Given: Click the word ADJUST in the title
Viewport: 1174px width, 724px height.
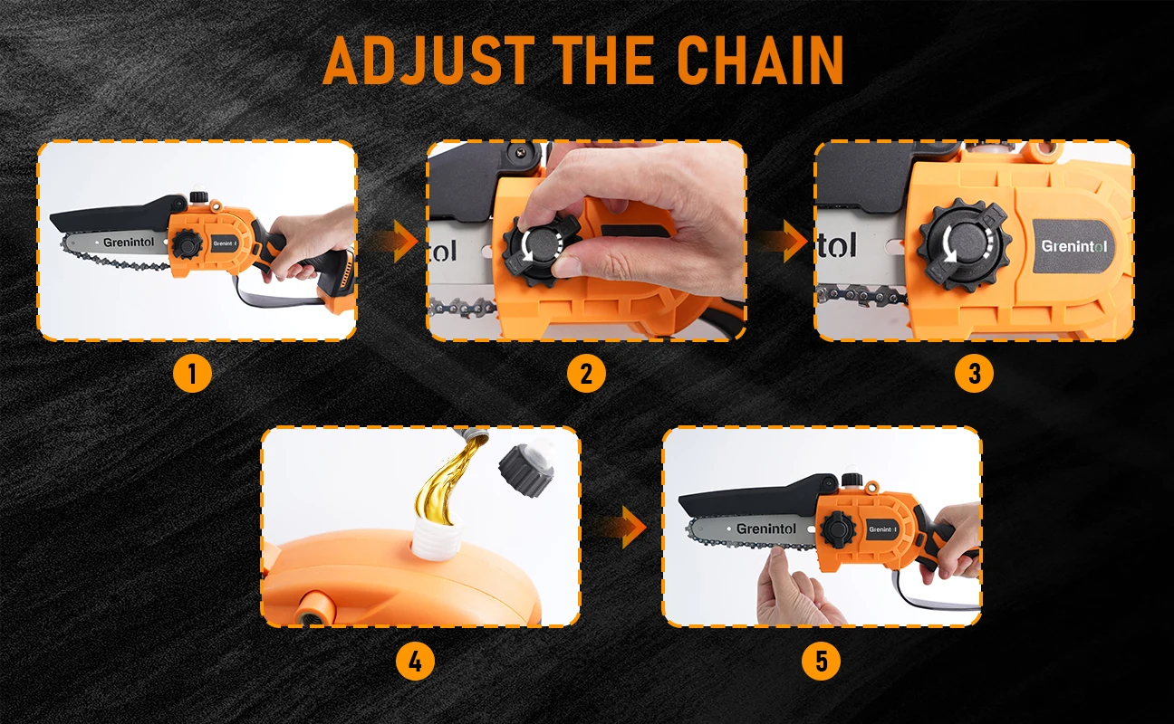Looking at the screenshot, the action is pyautogui.click(x=428, y=61).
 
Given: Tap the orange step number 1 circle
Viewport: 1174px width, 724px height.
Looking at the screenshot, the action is pyautogui.click(x=192, y=374).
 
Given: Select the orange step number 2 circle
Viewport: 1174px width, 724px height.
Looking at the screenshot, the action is pyautogui.click(x=586, y=374).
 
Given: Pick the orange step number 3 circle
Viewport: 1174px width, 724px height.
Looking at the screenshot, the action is pyautogui.click(x=974, y=374).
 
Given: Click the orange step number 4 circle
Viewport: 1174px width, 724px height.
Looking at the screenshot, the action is pyautogui.click(x=415, y=661).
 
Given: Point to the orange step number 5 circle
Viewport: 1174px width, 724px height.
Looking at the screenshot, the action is pyautogui.click(x=821, y=661).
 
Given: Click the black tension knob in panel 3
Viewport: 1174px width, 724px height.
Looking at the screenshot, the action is pyautogui.click(x=964, y=245).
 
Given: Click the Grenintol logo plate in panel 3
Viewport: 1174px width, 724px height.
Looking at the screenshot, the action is pyautogui.click(x=1073, y=246).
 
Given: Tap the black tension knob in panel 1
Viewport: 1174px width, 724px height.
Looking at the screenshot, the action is pyautogui.click(x=187, y=243).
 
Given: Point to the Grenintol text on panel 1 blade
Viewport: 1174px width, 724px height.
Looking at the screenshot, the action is pyautogui.click(x=129, y=243).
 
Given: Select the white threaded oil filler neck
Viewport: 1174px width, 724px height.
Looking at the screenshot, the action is pyautogui.click(x=436, y=537).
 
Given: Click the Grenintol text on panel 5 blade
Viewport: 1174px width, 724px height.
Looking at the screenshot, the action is pyautogui.click(x=765, y=529).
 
